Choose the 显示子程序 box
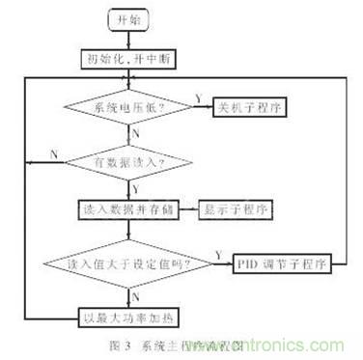click(x=236, y=209)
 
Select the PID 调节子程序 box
click(x=280, y=262)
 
